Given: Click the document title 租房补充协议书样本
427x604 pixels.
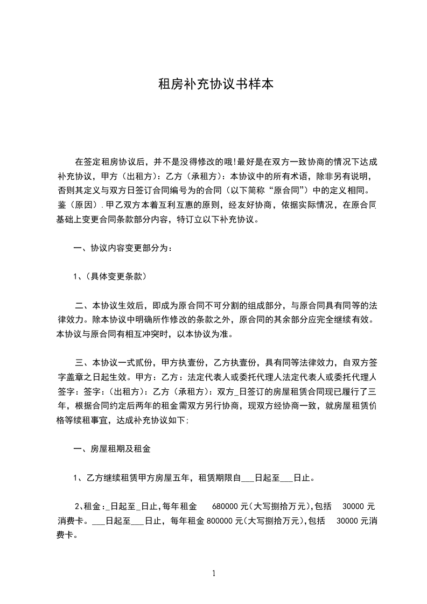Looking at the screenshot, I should pyautogui.click(x=213, y=85).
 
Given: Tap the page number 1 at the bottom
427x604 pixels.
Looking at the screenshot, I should pyautogui.click(x=214, y=573).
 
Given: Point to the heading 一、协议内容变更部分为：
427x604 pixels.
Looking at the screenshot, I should pyautogui.click(x=123, y=248).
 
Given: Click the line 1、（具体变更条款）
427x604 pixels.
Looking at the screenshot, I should pyautogui.click(x=109, y=277).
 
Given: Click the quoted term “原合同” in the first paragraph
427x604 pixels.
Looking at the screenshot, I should pyautogui.click(x=296, y=190).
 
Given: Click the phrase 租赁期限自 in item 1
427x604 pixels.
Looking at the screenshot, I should pyautogui.click(x=218, y=477).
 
